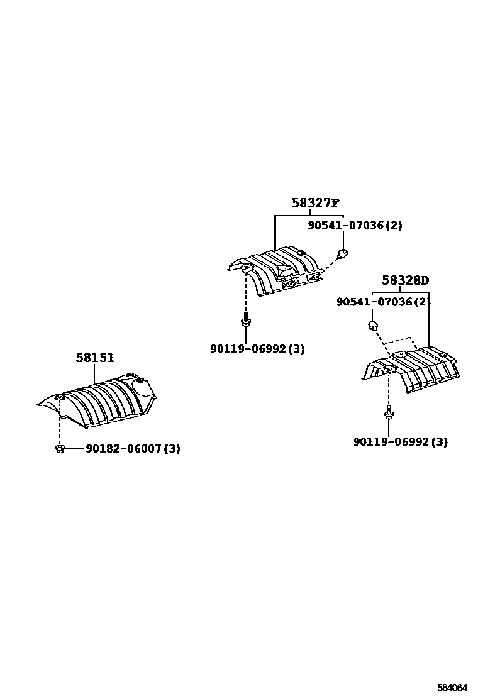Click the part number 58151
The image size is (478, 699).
pyautogui.click(x=95, y=358)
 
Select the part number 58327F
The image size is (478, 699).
pyautogui.click(x=315, y=203)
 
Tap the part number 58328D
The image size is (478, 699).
pyautogui.click(x=406, y=280)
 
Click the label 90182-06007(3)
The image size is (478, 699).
pyautogui.click(x=133, y=449)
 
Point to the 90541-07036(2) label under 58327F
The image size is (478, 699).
pyautogui.click(x=355, y=225)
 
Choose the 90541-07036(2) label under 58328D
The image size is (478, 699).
pyautogui.click(x=383, y=302)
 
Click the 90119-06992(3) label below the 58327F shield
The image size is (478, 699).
pyautogui.click(x=257, y=349)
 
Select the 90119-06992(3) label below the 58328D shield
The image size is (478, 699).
pyautogui.click(x=401, y=442)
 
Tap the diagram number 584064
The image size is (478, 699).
pyautogui.click(x=453, y=688)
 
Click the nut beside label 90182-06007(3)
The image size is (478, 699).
pyautogui.click(x=60, y=448)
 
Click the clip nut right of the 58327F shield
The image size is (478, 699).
pyautogui.click(x=342, y=254)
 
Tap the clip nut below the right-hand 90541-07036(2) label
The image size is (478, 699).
pyautogui.click(x=372, y=325)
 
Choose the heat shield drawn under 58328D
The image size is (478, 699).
pyautogui.click(x=415, y=371)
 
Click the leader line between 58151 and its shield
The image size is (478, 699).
pyautogui.click(x=95, y=373)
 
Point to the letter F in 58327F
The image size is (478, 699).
pyautogui.click(x=335, y=203)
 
